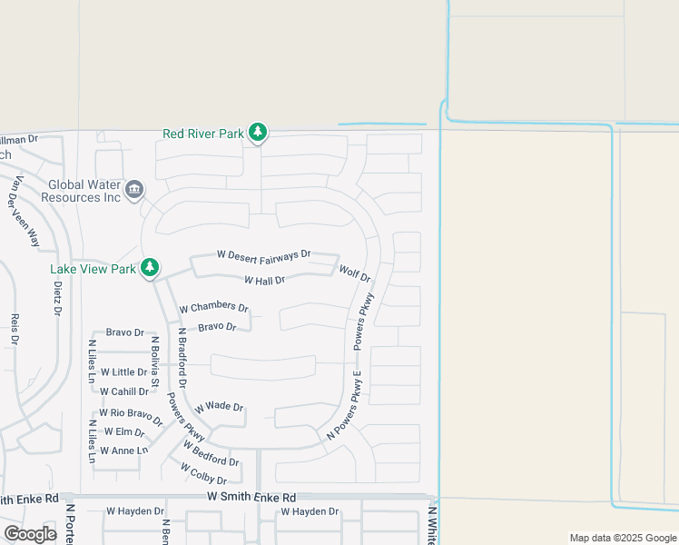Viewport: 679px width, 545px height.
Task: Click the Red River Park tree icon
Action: [259, 133]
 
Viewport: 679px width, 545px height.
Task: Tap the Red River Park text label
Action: [203, 134]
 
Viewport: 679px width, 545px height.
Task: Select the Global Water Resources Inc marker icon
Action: [134, 189]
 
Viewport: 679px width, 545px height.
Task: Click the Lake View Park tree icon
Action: [150, 268]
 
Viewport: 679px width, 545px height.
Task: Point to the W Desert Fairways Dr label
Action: [264, 254]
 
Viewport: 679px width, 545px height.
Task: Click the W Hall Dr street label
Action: [265, 281]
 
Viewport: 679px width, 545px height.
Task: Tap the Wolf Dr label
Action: [354, 273]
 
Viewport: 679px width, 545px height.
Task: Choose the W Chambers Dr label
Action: [214, 308]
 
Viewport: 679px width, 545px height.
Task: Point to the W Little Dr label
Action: [123, 372]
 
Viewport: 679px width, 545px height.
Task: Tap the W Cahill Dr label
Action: [123, 391]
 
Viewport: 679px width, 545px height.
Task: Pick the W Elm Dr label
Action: [124, 432]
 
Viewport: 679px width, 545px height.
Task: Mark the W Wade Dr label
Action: [219, 406]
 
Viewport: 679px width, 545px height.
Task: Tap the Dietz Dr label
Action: [57, 297]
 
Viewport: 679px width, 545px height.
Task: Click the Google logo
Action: [31, 534]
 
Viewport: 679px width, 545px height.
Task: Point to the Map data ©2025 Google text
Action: [622, 538]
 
